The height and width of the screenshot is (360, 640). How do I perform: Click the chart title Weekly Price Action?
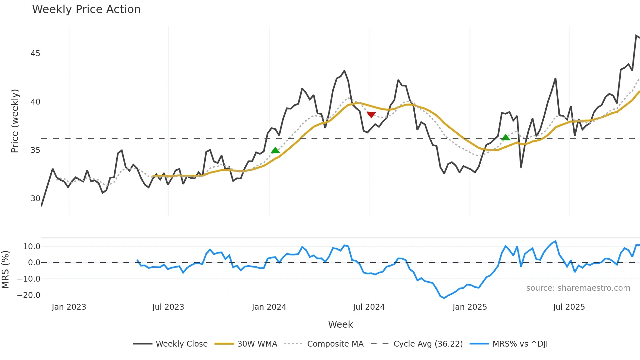[x=86, y=9]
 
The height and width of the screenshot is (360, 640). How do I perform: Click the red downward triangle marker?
[x=371, y=115]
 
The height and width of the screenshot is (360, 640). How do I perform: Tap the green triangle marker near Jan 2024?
[x=275, y=150]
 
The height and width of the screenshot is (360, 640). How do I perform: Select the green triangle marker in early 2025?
[x=505, y=138]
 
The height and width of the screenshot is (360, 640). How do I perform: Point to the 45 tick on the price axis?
[x=35, y=54]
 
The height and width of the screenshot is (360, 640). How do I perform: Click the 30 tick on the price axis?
[x=35, y=199]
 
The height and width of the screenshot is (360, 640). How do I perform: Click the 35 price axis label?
[x=35, y=150]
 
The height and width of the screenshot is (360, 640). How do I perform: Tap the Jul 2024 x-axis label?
[x=369, y=307]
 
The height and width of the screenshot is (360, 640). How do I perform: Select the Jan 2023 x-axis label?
[x=69, y=307]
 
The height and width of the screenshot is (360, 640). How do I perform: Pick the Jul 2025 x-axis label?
[x=569, y=307]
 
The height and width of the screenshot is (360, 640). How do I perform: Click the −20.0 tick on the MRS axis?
[x=29, y=295]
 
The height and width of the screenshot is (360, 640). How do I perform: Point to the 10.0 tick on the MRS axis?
[x=32, y=247]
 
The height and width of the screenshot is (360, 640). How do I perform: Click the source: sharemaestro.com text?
[x=578, y=288]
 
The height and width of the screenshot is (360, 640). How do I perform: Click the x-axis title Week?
[x=340, y=324]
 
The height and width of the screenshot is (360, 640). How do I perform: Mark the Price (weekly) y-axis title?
[x=15, y=121]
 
